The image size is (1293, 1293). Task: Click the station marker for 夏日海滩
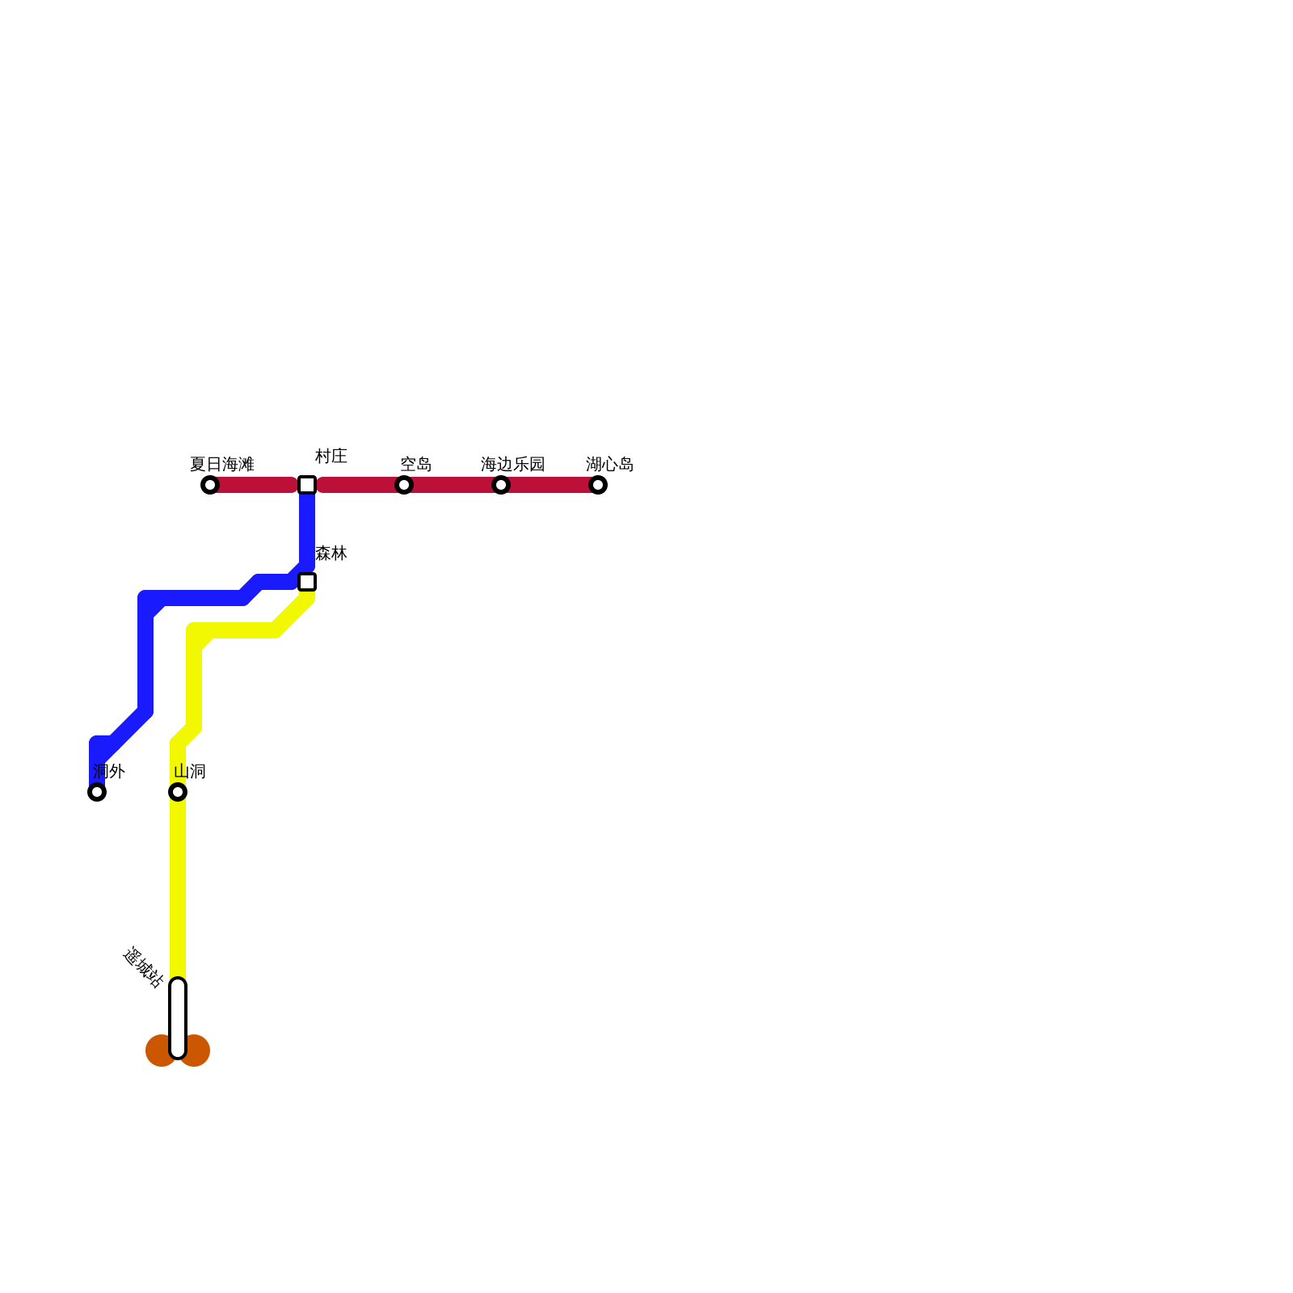(210, 485)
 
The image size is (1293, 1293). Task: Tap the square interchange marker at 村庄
(307, 485)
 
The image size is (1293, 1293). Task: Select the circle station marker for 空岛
(404, 485)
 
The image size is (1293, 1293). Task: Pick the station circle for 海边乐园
(501, 485)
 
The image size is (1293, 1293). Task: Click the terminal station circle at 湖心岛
(598, 485)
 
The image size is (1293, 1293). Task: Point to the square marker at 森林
(307, 582)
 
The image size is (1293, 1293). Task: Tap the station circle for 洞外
(97, 792)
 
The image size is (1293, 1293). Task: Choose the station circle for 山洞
(178, 792)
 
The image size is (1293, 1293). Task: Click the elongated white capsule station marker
(178, 1018)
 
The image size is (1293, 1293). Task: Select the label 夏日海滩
(221, 465)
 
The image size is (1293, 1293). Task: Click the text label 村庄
(331, 457)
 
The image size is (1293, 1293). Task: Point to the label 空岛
(415, 465)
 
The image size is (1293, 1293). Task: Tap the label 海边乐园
(512, 465)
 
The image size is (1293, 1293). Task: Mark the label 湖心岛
(609, 465)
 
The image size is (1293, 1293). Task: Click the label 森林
(331, 554)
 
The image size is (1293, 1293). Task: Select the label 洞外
(108, 772)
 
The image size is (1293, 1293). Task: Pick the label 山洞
(189, 772)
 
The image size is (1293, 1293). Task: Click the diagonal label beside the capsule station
(143, 967)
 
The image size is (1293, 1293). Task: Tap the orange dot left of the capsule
(159, 1051)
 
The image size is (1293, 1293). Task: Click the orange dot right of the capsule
(196, 1051)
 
